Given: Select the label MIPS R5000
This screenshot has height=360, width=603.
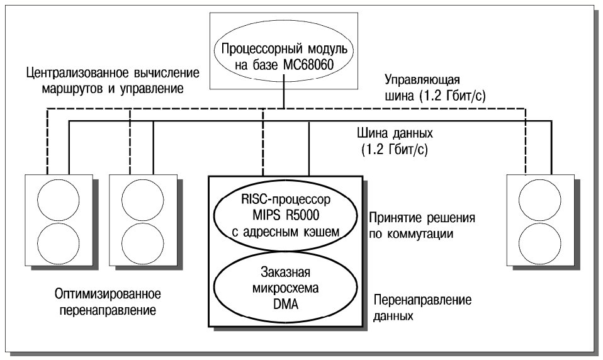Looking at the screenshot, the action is point(286,215).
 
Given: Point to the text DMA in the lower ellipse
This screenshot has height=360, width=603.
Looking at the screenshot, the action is point(286,304).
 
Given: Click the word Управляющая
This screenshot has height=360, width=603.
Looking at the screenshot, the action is point(422,81).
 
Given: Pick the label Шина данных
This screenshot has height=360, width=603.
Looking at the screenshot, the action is point(395,133).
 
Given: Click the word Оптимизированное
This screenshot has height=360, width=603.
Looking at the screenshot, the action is point(108,295).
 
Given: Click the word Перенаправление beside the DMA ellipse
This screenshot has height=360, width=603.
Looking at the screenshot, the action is point(422,300).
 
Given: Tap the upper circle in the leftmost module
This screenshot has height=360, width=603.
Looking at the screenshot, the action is point(58,200).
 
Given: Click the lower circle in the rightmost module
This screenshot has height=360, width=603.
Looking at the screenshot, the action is point(539,243).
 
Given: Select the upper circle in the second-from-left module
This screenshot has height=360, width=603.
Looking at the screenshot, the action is point(142,200).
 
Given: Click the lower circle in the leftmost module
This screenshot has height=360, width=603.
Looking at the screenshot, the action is point(58,243).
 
